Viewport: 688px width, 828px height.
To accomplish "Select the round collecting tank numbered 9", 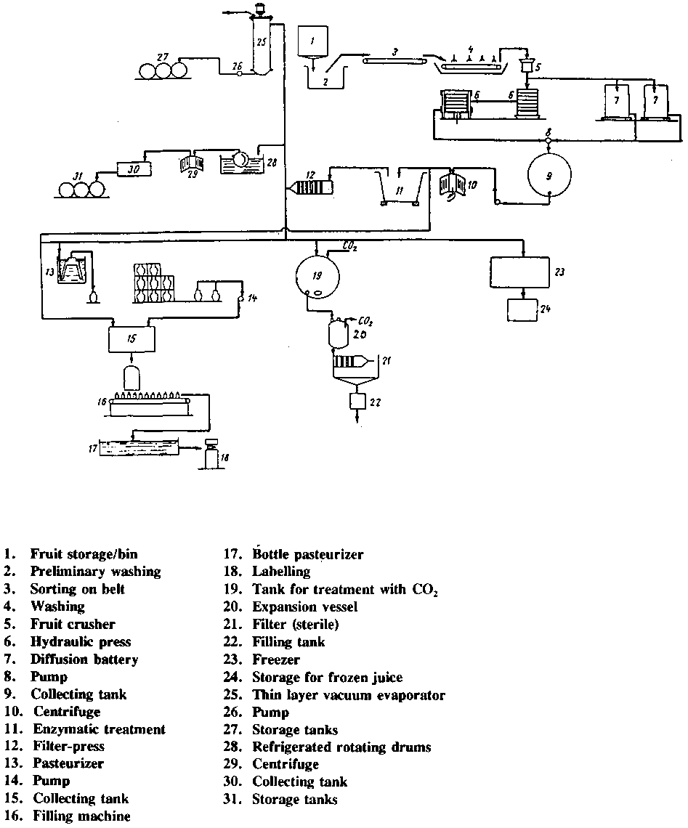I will tap(551, 175).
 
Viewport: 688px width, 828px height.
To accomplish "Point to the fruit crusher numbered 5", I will tap(528, 67).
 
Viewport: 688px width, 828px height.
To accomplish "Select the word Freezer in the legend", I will tap(275, 659).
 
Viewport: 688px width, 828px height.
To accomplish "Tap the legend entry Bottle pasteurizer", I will tap(307, 555).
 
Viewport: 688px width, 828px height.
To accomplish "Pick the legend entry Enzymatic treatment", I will tap(99, 729).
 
